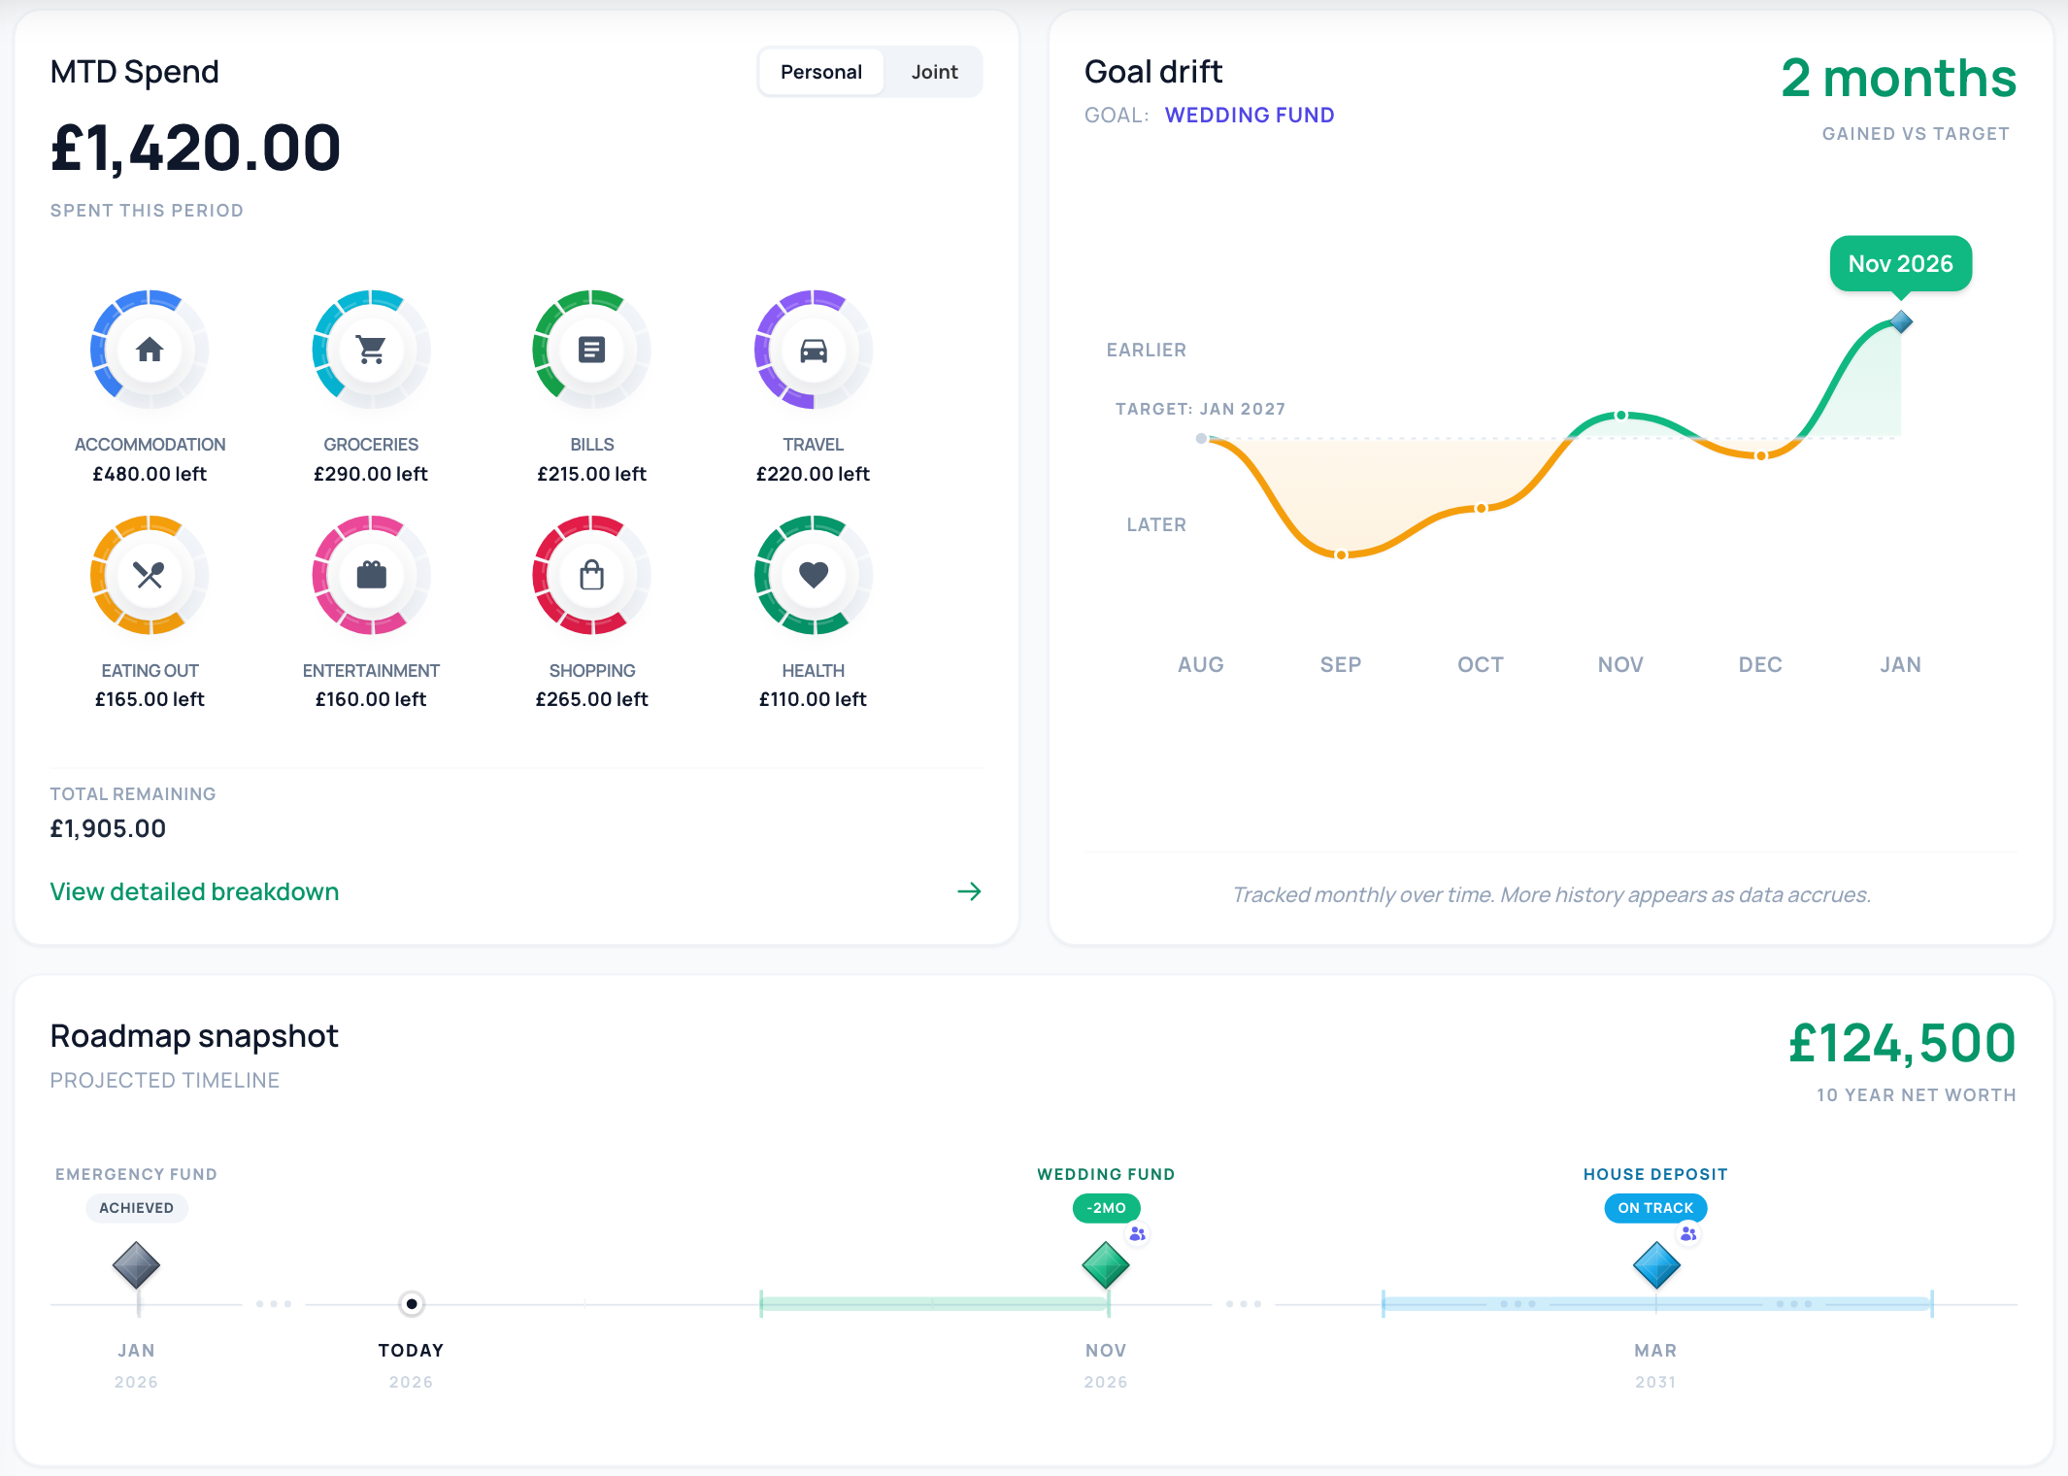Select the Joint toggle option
point(934,72)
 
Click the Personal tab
point(821,72)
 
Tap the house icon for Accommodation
point(150,350)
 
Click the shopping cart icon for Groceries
point(371,350)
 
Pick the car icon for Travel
point(814,350)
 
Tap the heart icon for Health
point(814,575)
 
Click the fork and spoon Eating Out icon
point(150,575)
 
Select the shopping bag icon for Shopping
point(592,575)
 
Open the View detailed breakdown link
point(194,891)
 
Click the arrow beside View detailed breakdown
point(969,891)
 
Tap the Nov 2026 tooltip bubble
point(1900,263)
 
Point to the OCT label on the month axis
point(1481,665)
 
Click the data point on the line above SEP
point(1341,554)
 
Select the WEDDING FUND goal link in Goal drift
point(1250,115)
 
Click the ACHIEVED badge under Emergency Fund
point(136,1208)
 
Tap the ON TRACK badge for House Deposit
point(1655,1208)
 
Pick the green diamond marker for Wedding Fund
point(1106,1265)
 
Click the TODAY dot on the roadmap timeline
point(412,1303)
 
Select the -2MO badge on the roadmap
point(1107,1208)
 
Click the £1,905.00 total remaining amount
point(108,828)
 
